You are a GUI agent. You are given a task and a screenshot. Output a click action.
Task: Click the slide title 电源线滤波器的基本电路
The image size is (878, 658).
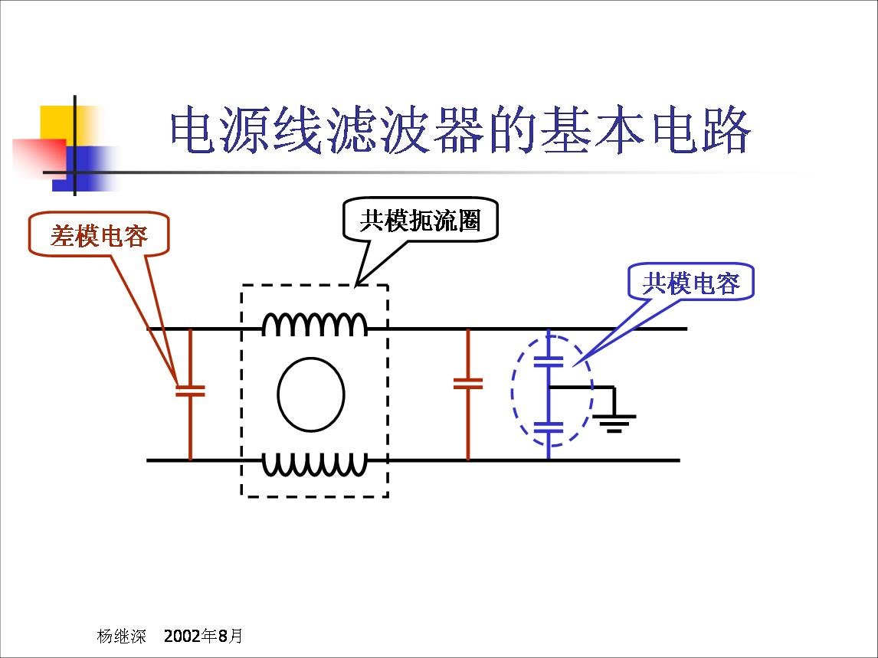(x=460, y=132)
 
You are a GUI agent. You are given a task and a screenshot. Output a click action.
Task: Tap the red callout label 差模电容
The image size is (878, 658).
(x=99, y=235)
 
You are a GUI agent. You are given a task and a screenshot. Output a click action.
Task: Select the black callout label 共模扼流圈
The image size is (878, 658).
(x=420, y=221)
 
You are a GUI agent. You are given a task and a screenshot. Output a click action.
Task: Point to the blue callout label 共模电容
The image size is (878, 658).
(x=691, y=283)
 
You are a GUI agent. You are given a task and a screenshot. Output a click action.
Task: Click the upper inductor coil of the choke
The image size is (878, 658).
(x=315, y=324)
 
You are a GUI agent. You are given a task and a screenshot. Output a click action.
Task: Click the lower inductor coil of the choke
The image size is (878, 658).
(x=315, y=465)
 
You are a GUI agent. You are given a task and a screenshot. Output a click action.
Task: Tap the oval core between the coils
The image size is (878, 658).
(x=311, y=394)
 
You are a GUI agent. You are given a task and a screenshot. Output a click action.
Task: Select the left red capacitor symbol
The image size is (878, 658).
(x=190, y=390)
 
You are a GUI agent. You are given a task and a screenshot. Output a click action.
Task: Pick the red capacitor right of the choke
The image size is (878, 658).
(x=468, y=383)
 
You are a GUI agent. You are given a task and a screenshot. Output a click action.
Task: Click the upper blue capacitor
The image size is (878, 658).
(x=549, y=361)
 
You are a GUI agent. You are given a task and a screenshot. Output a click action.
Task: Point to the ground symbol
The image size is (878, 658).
(x=614, y=422)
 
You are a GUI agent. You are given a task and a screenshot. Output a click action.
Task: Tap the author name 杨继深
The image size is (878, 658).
(x=116, y=636)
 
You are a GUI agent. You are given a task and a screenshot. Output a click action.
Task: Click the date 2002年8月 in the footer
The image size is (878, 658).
(x=204, y=636)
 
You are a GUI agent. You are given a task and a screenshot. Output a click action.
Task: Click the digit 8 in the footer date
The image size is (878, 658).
(x=224, y=636)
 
